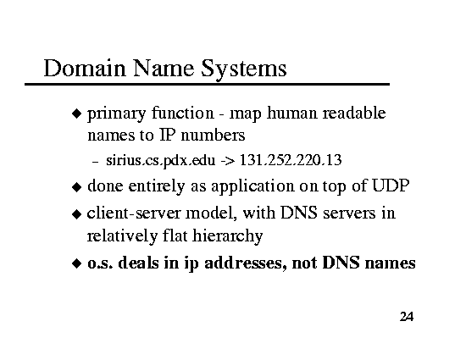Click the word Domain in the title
(85, 68)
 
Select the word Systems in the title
(243, 69)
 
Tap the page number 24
(407, 317)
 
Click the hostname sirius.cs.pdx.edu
(160, 160)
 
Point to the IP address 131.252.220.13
(291, 160)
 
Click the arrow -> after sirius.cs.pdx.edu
(227, 161)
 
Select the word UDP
(391, 186)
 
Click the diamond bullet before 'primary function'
(76, 114)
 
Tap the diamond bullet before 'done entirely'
(76, 187)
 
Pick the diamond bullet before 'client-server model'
(76, 213)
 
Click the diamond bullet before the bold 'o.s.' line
(76, 263)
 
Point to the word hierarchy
(227, 236)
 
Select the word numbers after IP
(213, 136)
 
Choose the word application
(252, 187)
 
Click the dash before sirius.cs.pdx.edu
(95, 162)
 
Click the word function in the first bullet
(182, 113)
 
